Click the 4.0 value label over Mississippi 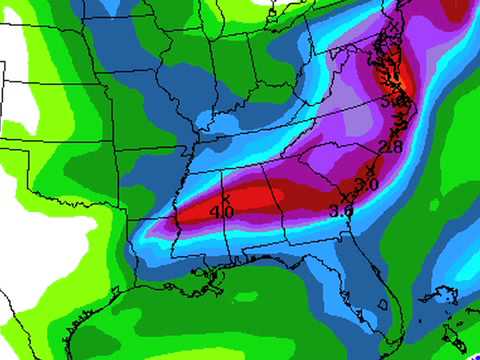[223, 212]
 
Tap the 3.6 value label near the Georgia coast [342, 210]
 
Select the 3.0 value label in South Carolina [366, 185]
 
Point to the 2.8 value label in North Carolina [391, 147]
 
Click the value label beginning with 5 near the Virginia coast [395, 100]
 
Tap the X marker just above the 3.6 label [347, 198]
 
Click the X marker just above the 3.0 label [371, 172]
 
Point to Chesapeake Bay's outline [392, 75]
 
